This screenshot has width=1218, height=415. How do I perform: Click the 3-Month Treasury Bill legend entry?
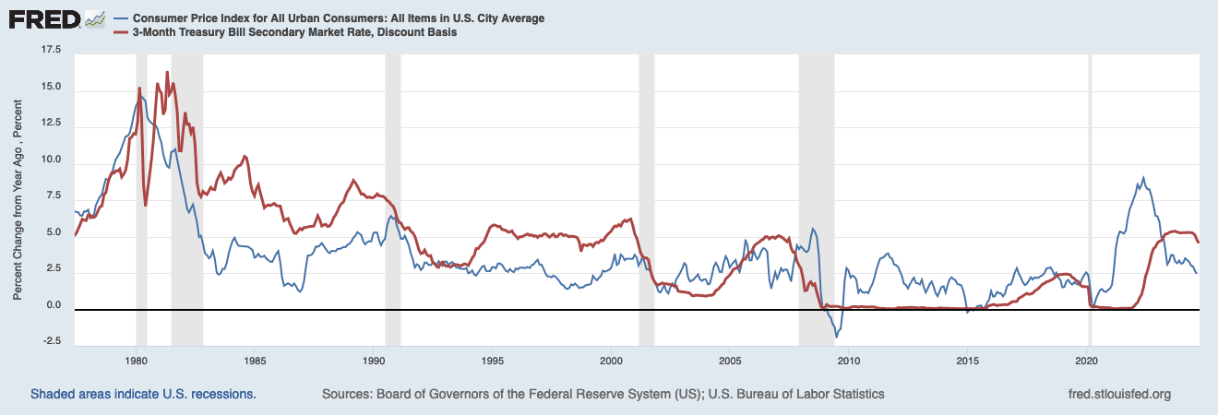[x=293, y=32]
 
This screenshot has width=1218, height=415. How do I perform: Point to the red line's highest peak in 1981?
[x=167, y=72]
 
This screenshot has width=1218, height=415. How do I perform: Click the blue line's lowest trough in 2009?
[x=836, y=337]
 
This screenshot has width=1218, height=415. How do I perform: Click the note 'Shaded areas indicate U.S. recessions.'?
[x=143, y=394]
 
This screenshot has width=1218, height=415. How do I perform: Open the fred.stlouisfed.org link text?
[x=1117, y=394]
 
